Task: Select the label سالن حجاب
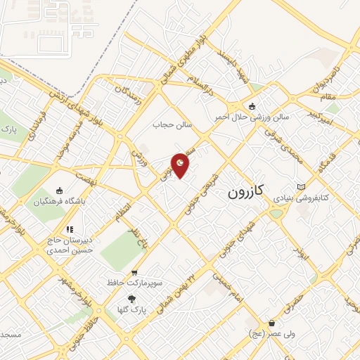click(172, 124)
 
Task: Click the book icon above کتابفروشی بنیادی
click(302, 186)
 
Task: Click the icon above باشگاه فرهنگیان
click(60, 191)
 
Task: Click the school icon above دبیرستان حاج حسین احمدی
click(69, 229)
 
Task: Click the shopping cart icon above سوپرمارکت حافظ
click(134, 272)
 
